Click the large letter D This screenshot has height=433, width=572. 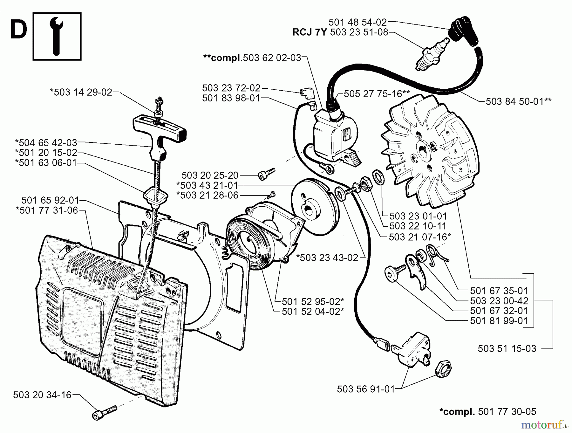[x=19, y=30]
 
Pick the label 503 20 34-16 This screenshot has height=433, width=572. [x=42, y=395]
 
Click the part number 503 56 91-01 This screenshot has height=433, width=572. [x=365, y=389]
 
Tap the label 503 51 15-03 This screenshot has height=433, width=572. [x=507, y=348]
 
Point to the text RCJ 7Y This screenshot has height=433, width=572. [x=310, y=32]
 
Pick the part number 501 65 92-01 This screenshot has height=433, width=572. [x=50, y=200]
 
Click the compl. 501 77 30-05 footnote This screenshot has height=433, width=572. [x=487, y=412]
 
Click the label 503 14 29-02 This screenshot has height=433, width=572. [x=81, y=92]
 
